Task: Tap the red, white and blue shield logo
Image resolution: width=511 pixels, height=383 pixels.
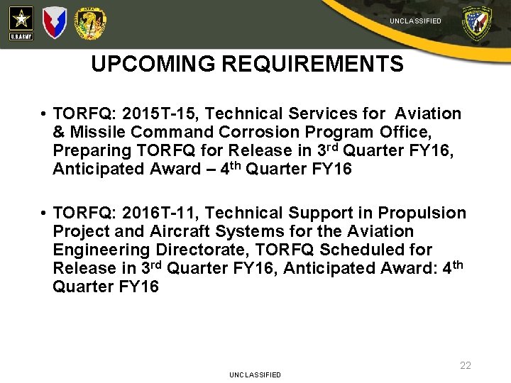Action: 55,23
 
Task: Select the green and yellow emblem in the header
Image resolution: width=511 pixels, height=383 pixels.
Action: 91,23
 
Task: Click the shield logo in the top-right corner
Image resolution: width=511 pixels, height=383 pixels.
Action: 476,23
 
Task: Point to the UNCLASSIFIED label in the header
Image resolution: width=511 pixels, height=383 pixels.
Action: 415,21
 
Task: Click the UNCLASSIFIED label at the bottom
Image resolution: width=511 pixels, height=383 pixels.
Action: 255,374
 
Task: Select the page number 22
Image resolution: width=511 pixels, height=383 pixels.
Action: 465,365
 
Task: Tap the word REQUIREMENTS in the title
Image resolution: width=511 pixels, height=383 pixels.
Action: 312,65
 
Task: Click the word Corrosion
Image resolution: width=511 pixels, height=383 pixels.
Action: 255,132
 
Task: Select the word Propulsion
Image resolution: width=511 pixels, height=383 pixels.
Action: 422,213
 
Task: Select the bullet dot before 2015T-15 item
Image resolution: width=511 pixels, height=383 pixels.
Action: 44,114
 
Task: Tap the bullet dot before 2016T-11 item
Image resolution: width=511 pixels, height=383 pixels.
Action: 44,213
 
